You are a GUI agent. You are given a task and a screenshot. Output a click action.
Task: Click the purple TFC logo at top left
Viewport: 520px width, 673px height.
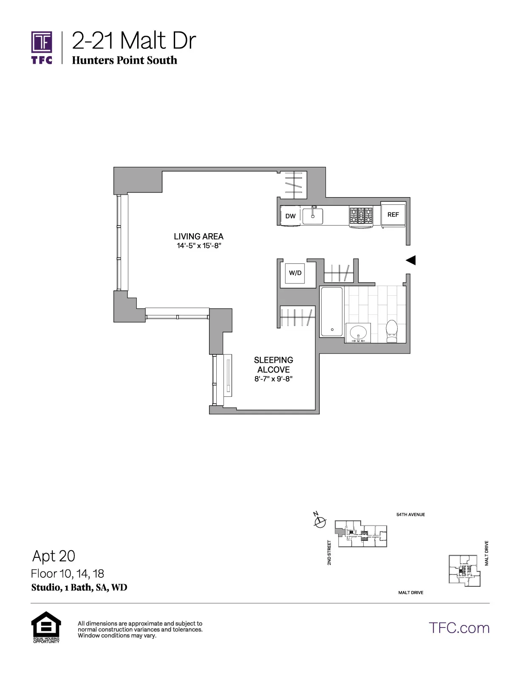pos(42,47)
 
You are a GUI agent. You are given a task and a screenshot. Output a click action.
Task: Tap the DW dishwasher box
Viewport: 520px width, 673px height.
pos(291,216)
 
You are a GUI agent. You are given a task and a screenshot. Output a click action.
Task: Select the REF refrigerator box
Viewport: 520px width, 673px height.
pos(393,215)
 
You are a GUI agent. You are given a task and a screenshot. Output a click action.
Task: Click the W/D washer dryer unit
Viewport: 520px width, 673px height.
pos(295,273)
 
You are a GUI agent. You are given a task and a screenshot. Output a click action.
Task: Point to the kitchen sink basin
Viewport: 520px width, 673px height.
pos(313,216)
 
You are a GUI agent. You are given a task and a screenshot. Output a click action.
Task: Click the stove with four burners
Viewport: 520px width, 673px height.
pos(361,216)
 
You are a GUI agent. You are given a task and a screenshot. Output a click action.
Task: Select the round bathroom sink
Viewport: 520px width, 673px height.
pos(358,332)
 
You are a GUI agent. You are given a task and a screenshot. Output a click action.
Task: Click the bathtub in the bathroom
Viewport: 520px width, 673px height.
pos(331,312)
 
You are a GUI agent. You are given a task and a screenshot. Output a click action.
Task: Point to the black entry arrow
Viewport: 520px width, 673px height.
pos(410,260)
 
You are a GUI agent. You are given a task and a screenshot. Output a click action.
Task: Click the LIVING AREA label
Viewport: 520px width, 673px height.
pos(198,236)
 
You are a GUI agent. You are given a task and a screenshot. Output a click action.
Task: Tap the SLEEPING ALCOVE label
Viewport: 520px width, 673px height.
pos(274,365)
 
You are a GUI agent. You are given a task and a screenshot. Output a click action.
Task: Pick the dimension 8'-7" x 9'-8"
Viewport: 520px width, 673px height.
pos(274,379)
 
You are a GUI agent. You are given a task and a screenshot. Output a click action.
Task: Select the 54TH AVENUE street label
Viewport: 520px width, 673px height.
pos(410,515)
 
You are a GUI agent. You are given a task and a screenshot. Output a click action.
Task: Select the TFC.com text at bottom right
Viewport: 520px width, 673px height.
pos(459,628)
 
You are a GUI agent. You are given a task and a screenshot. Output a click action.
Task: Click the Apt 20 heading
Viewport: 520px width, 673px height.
pos(54,556)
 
